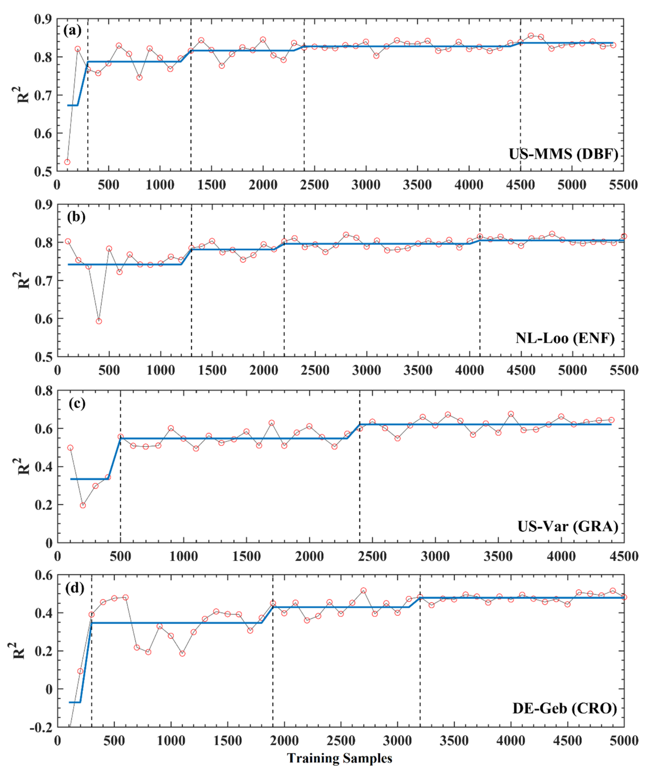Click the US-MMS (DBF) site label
pos(563,154)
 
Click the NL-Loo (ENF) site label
pos(565,338)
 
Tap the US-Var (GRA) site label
pos(568,527)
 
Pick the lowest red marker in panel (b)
pos(99,321)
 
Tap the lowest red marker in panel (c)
pos(83,505)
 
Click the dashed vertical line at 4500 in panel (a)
pos(521,110)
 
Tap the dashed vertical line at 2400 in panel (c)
pos(360,478)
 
